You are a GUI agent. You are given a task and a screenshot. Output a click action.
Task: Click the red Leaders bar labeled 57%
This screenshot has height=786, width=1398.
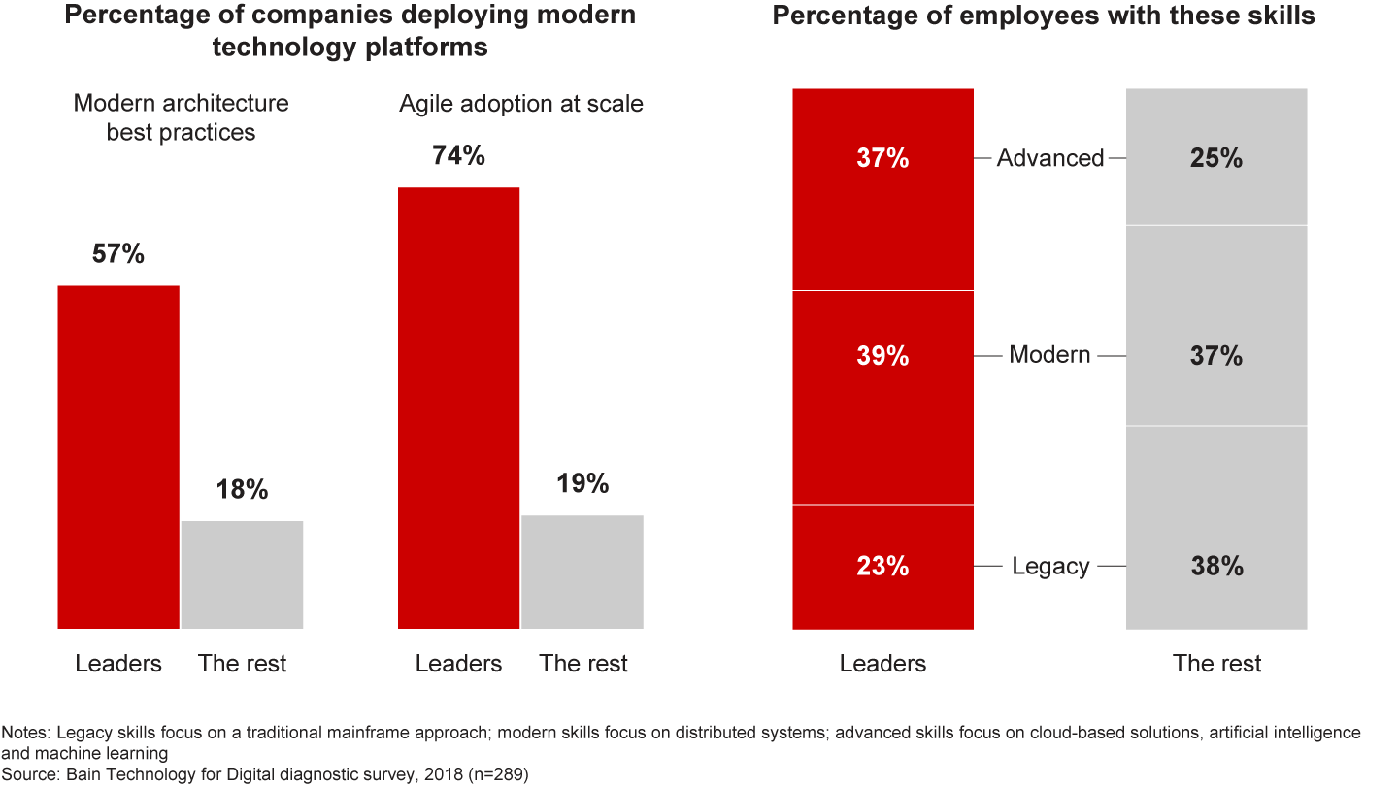(x=118, y=456)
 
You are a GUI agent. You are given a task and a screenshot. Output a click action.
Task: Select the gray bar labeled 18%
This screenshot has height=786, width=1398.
(x=242, y=574)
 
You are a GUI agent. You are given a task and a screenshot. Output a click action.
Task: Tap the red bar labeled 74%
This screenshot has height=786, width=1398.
(x=459, y=408)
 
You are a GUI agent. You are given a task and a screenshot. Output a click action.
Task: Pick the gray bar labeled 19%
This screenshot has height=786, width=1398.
(x=582, y=572)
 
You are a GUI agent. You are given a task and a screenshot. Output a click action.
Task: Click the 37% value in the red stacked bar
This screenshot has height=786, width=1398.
(x=882, y=158)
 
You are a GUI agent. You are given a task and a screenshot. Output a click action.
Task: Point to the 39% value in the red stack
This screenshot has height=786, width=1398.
(x=882, y=356)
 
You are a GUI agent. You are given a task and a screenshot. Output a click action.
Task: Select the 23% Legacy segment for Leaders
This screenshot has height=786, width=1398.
(x=882, y=566)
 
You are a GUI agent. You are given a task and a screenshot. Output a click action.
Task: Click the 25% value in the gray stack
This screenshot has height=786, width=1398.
(x=1216, y=158)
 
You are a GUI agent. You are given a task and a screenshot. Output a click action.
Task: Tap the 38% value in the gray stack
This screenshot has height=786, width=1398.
(x=1216, y=566)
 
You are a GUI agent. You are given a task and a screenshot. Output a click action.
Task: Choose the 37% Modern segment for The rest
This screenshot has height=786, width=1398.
(x=1216, y=356)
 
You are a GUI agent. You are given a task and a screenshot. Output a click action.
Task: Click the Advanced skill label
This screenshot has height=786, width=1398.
(x=1050, y=158)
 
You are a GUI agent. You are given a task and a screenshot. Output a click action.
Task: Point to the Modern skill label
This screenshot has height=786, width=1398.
(x=1050, y=355)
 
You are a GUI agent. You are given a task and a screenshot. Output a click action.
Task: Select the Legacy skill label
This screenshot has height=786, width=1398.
(x=1050, y=566)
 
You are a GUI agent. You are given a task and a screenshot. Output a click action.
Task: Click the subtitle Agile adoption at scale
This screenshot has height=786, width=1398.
(x=521, y=104)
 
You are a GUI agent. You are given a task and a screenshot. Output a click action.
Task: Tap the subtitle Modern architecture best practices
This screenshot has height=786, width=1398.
(x=182, y=117)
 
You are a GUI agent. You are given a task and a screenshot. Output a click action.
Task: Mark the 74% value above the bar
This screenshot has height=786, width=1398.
(x=458, y=155)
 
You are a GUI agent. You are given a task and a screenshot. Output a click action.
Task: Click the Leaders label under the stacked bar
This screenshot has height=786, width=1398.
(x=882, y=664)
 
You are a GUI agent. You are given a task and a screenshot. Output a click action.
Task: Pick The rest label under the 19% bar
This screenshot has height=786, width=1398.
(x=583, y=664)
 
